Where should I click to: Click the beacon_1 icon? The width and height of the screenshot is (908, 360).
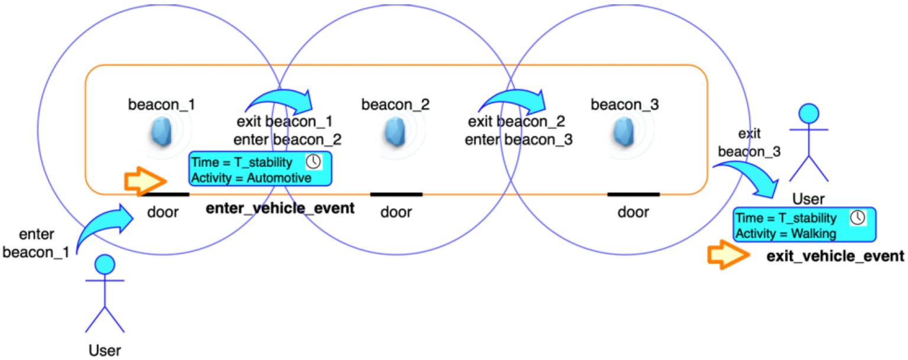[161, 133]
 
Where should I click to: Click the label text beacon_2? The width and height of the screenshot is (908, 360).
[395, 105]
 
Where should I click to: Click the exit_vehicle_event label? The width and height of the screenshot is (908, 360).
[835, 256]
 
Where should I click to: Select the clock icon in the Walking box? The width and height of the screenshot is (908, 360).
[857, 218]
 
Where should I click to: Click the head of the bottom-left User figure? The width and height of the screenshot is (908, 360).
[105, 264]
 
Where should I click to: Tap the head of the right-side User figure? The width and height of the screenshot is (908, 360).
[808, 114]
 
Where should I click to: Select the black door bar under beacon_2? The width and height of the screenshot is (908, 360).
[396, 194]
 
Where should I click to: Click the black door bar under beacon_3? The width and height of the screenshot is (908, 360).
[633, 194]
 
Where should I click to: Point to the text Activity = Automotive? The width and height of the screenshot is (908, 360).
[251, 177]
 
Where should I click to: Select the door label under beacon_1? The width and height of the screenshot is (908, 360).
[163, 212]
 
